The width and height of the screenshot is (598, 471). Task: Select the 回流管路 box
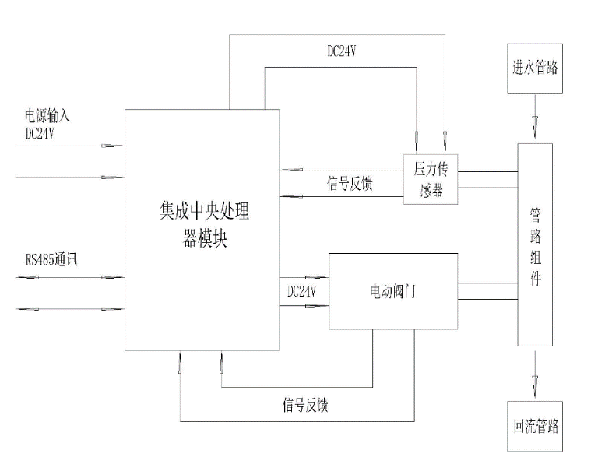coord(533,427)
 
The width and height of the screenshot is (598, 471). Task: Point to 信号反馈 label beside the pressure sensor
coord(349,185)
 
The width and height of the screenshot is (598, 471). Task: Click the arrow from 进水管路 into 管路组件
coord(534,124)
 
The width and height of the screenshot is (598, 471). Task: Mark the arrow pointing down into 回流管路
coord(534,381)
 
